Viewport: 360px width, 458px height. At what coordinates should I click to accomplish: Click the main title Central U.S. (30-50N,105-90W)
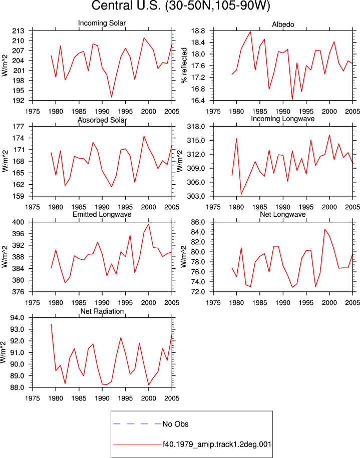(181, 6)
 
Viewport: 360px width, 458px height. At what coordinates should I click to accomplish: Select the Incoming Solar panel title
(102, 23)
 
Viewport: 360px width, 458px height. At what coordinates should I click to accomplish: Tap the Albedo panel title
(283, 24)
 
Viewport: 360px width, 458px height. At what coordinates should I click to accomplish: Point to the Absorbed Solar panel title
(102, 120)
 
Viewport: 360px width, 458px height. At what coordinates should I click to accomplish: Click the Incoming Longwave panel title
(282, 119)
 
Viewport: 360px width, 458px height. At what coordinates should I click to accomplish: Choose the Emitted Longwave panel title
(102, 214)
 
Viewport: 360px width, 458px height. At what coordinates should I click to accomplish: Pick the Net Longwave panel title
(282, 214)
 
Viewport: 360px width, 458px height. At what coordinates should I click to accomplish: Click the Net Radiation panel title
(102, 311)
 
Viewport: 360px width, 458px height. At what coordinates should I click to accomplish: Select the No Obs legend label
(175, 424)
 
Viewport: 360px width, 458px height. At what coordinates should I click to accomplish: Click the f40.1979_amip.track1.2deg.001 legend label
(217, 444)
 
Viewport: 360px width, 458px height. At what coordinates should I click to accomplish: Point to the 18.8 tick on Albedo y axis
(198, 31)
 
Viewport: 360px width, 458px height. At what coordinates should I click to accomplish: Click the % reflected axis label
(184, 66)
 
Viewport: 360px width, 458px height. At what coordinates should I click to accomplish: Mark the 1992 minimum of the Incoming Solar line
(111, 97)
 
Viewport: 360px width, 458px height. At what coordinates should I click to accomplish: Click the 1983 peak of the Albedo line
(250, 32)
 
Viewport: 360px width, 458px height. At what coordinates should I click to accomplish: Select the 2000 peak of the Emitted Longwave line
(149, 224)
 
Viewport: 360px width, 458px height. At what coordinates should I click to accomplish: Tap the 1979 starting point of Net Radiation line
(51, 324)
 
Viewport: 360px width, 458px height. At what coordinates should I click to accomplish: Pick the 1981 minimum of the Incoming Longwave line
(241, 194)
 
